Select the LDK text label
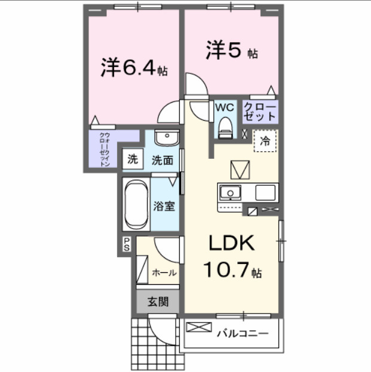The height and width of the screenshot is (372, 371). [232, 243]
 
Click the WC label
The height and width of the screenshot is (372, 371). [225, 107]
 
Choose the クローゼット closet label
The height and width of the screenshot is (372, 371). [259, 112]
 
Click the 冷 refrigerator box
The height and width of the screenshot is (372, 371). [265, 142]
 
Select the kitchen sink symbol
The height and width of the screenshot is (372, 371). [230, 193]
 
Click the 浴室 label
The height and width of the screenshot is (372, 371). [164, 206]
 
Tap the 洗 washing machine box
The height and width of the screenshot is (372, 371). [133, 159]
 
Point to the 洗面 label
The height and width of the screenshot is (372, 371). [161, 159]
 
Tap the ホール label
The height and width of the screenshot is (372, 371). [164, 273]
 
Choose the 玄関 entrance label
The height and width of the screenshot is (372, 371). [158, 302]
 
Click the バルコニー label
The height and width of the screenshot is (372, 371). [242, 333]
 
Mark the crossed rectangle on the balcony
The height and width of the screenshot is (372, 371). [199, 328]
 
